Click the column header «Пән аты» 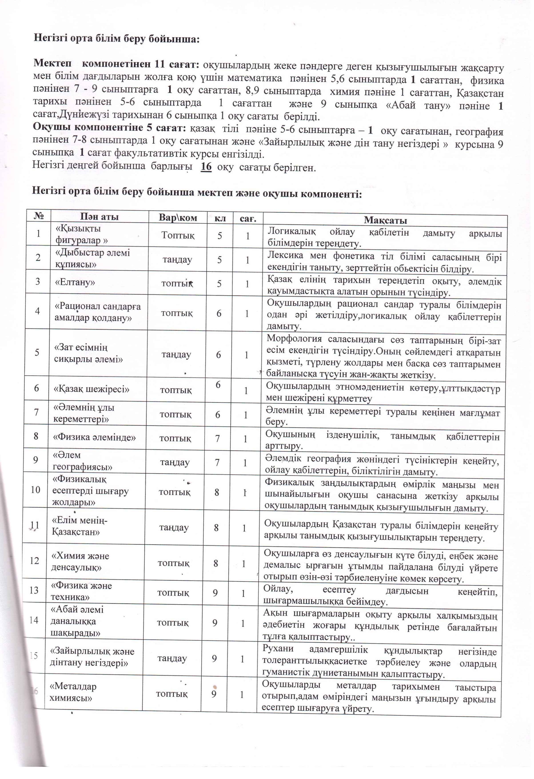(x=99, y=217)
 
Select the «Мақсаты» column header (x=385, y=220)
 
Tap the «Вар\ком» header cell (x=178, y=218)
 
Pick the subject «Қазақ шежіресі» (x=92, y=389)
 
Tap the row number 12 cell (x=34, y=560)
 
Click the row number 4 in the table (x=37, y=311)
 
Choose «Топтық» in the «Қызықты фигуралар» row (x=178, y=235)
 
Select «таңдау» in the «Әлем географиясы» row (x=175, y=462)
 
